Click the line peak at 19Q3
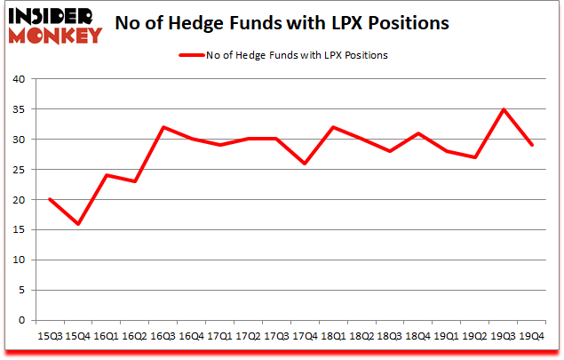coord(504,109)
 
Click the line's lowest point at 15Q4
coord(78,224)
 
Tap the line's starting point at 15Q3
coord(50,200)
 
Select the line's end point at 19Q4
coord(532,145)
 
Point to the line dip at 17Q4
coord(305,164)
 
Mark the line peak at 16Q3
coord(163,127)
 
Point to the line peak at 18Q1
coord(333,127)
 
